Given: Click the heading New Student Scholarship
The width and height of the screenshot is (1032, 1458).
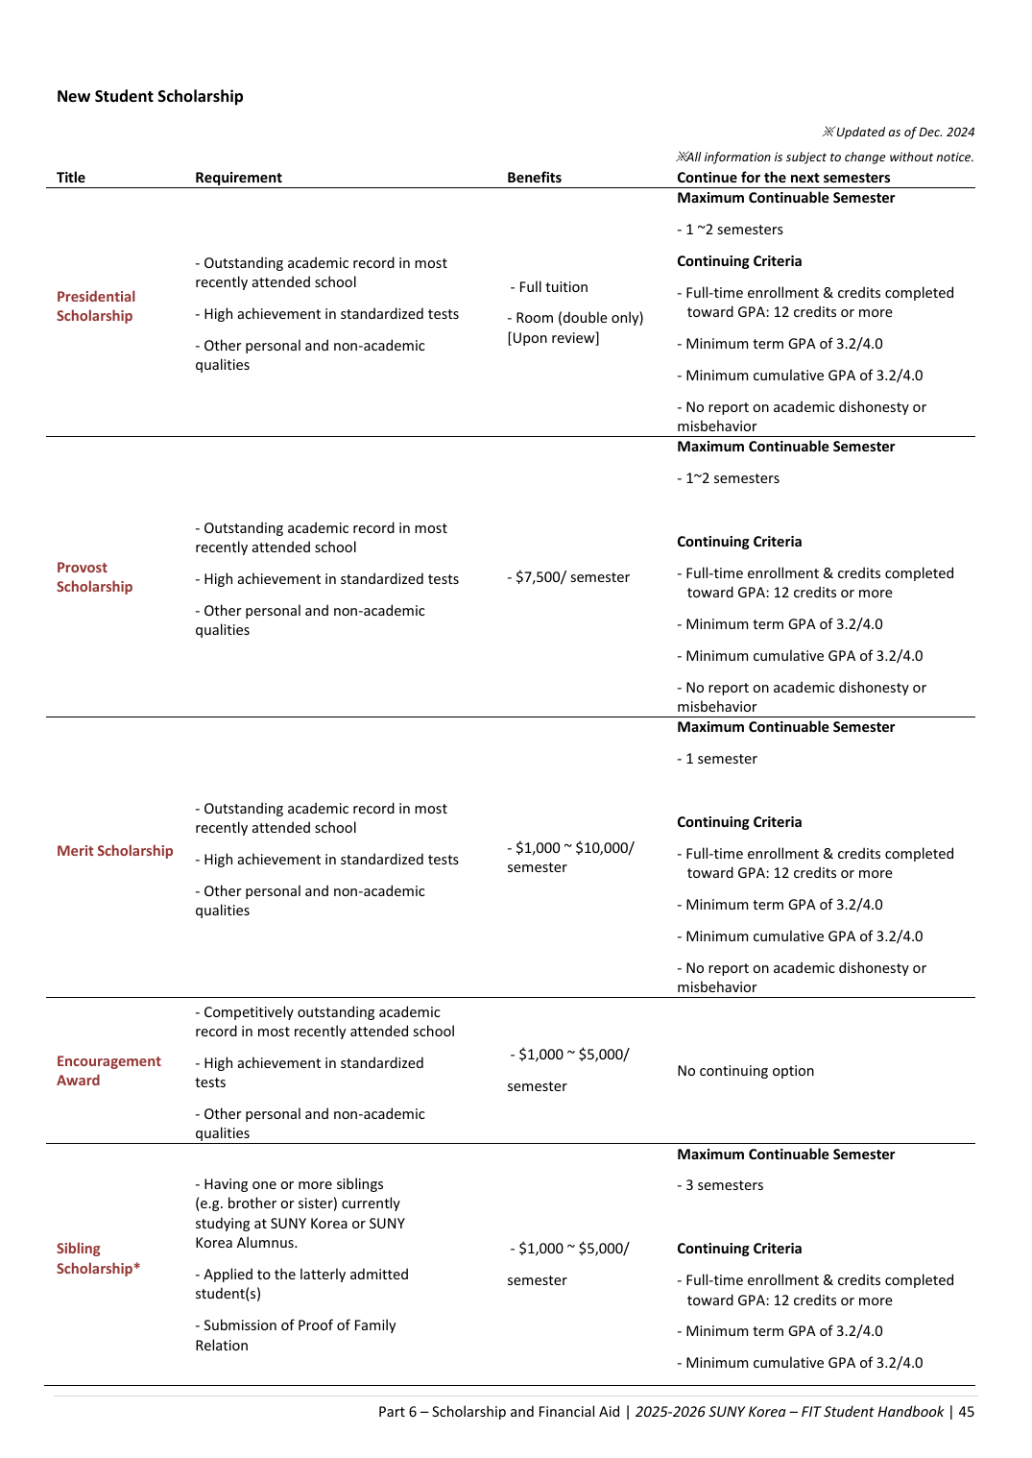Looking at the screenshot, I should click(150, 96).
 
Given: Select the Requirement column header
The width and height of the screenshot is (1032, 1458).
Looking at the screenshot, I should click(238, 178).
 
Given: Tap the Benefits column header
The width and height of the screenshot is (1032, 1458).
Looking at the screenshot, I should click(534, 178).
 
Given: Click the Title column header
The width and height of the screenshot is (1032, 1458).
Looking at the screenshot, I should click(71, 178).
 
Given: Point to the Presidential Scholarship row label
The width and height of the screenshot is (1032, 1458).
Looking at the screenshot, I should click(95, 306).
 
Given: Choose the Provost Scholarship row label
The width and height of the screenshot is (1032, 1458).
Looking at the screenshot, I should click(94, 577).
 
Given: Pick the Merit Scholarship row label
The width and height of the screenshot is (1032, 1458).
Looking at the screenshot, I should click(114, 851).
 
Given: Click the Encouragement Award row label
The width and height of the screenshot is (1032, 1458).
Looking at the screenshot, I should click(108, 1071).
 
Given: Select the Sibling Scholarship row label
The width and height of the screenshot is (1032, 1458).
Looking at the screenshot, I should click(98, 1258).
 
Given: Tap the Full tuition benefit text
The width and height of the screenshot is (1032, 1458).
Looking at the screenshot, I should click(550, 287).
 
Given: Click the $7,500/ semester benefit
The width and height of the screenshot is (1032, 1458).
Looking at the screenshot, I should click(568, 577).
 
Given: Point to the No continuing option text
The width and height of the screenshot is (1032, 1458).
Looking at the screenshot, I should click(745, 1071).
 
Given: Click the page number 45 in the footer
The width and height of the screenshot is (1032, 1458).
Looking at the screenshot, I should click(966, 1412).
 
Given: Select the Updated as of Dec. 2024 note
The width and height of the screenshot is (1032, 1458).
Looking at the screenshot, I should click(899, 133).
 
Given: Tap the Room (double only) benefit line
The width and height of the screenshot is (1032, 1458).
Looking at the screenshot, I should click(575, 318).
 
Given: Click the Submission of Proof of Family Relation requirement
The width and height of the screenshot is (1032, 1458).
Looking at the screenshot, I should click(295, 1335).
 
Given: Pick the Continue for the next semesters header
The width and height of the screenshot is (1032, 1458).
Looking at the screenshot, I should click(783, 178).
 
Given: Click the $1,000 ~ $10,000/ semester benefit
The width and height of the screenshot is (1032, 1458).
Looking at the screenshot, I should click(570, 858).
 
